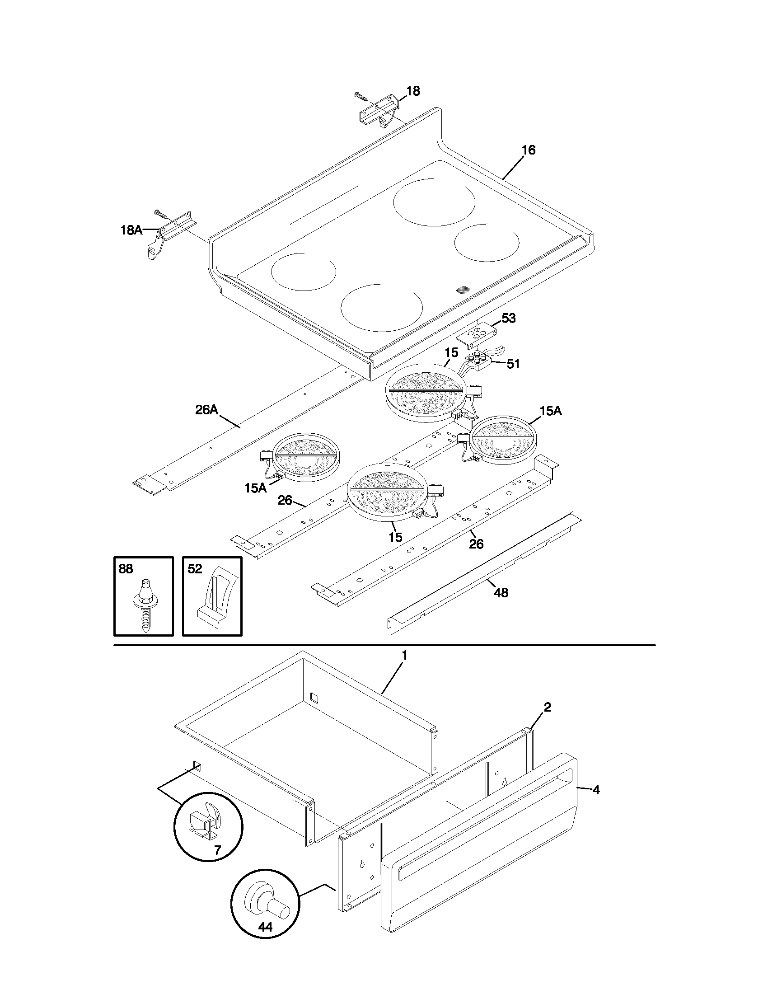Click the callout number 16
528,150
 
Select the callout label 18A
131,230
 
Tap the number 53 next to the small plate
508,318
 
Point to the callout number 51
513,364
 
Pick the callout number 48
501,593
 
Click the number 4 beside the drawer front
596,790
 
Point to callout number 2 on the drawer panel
548,707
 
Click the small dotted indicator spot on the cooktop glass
463,290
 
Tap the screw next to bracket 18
362,96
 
